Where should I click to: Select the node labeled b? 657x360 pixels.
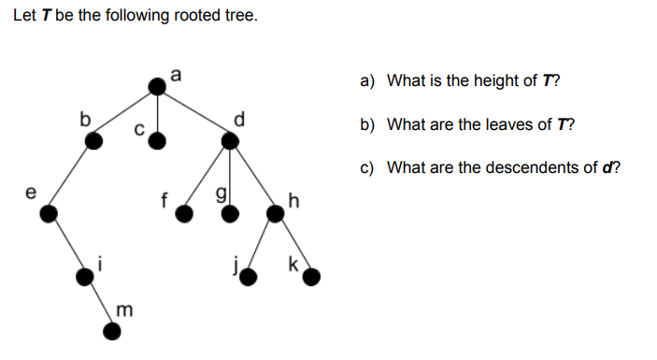click(x=93, y=140)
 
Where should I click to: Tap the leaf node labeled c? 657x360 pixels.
click(x=158, y=140)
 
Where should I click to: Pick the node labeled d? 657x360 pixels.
click(x=230, y=140)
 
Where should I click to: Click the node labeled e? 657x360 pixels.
click(x=49, y=214)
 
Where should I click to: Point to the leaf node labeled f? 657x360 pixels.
click(x=185, y=214)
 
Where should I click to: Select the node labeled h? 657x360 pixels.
click(x=276, y=214)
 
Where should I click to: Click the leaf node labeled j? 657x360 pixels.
click(x=249, y=275)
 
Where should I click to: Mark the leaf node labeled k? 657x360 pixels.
click(x=312, y=275)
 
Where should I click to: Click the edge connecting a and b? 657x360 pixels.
click(x=126, y=113)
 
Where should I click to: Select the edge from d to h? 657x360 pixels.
click(x=252, y=177)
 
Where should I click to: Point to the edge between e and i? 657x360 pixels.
click(x=67, y=244)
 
